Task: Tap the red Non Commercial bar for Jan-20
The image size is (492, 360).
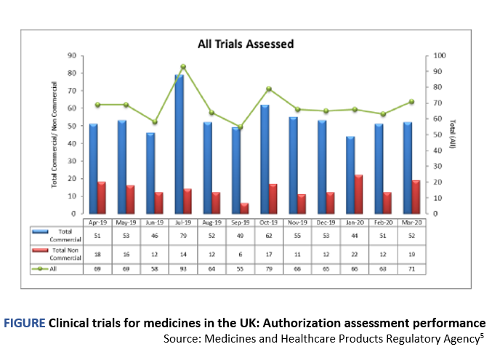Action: (359, 194)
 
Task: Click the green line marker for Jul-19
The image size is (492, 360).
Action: (183, 66)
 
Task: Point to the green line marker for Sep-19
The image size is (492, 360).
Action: (240, 127)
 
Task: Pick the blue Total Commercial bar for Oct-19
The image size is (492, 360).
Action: (264, 159)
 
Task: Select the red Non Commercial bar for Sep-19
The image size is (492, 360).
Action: (245, 208)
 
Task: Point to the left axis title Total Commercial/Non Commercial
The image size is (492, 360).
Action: (55, 135)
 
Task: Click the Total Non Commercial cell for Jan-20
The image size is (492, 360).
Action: (354, 252)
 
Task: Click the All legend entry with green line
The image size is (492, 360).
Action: (55, 268)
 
